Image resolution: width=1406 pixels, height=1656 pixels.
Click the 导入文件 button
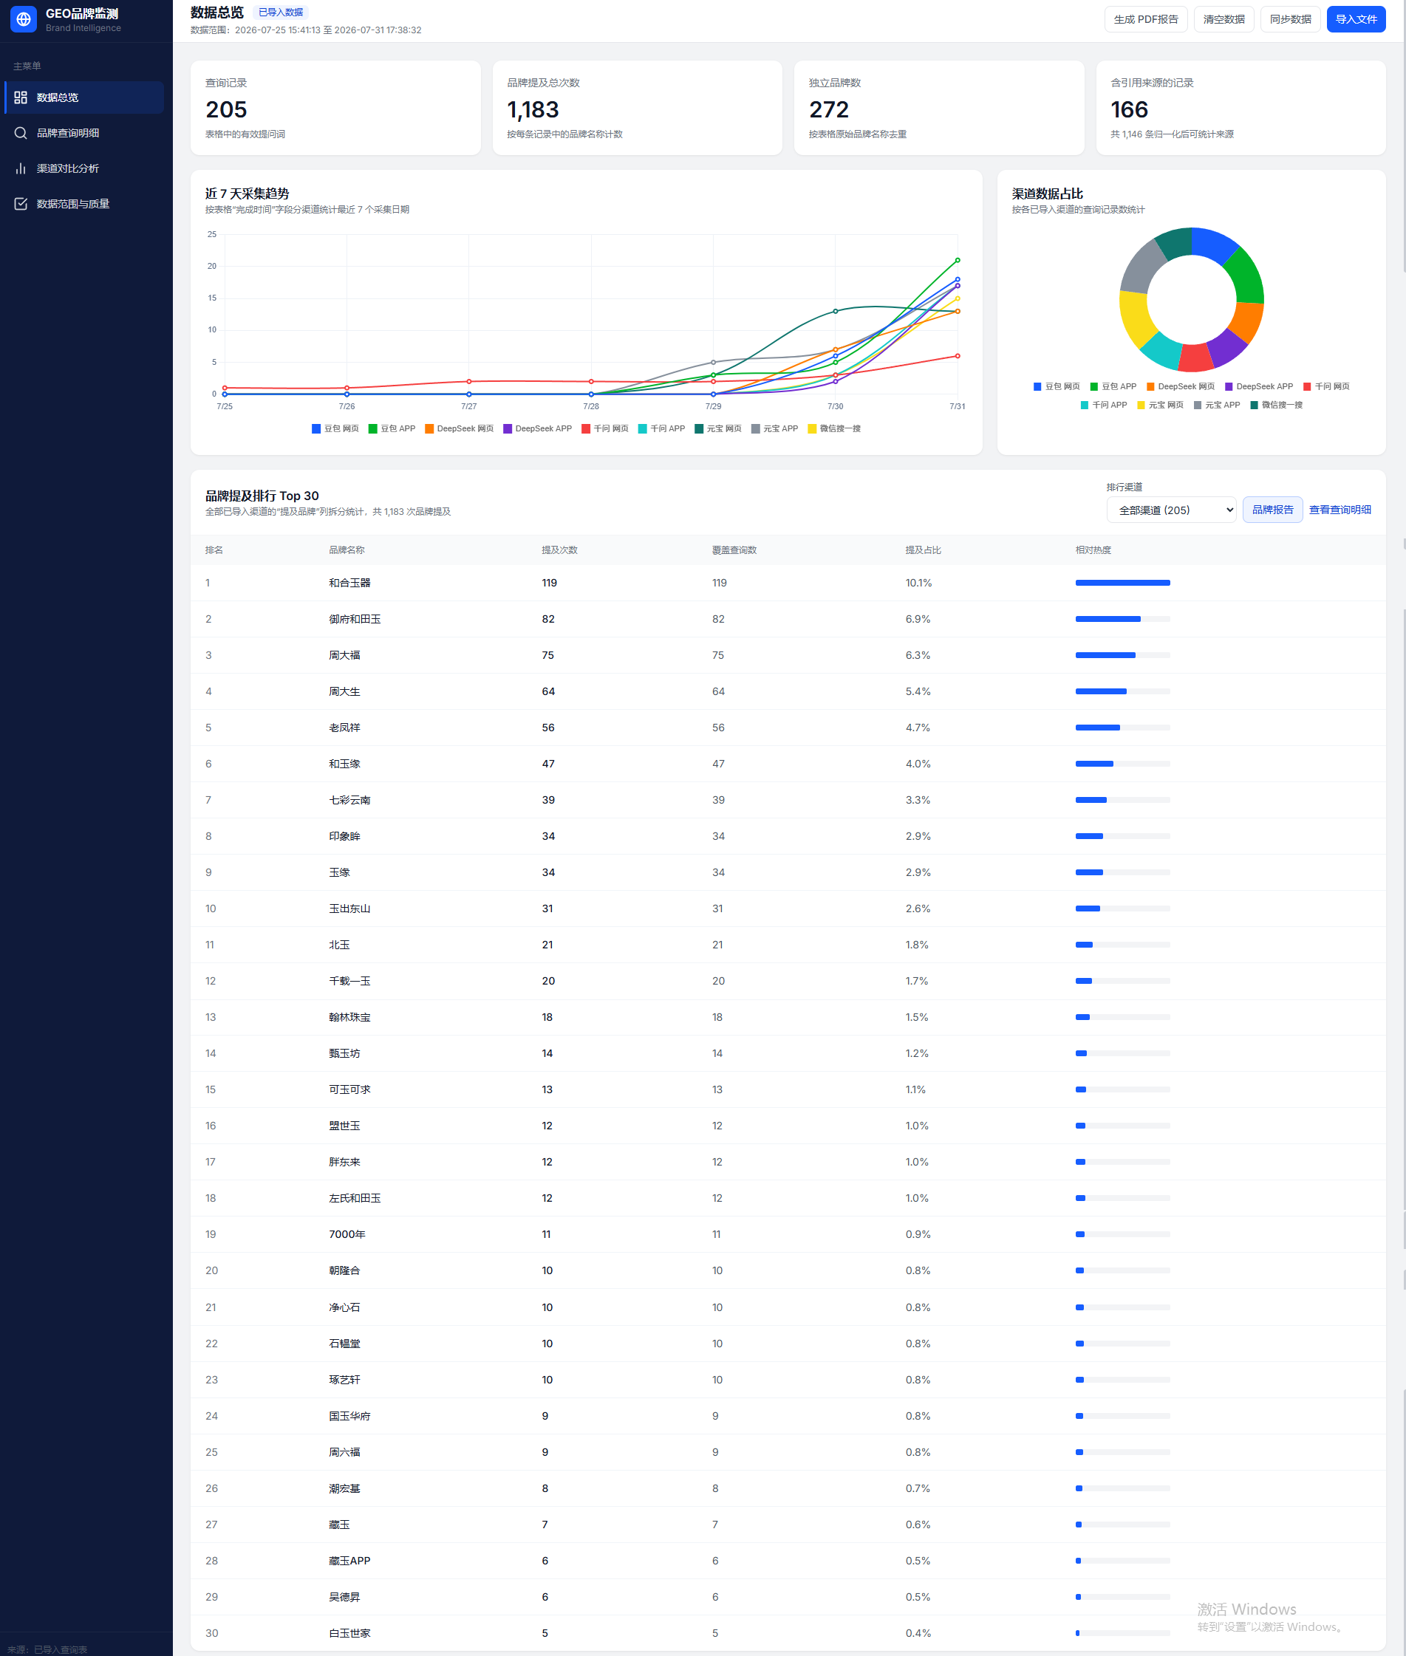click(1355, 19)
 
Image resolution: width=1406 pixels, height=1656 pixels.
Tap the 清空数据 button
click(1224, 19)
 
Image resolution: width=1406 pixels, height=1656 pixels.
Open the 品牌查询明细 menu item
click(68, 133)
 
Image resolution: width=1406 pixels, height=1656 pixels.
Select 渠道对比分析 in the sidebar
click(68, 168)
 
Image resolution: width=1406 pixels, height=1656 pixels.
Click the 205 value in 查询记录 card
click(226, 110)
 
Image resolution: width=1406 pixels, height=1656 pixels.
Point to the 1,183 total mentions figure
click(533, 110)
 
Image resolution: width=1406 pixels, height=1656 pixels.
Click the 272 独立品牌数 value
click(829, 110)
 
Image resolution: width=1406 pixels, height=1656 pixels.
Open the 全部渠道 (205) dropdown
click(1171, 510)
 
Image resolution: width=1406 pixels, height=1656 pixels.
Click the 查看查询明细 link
click(1340, 510)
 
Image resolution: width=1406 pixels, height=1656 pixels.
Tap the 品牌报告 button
click(1272, 510)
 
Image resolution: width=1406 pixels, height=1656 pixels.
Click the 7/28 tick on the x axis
click(590, 406)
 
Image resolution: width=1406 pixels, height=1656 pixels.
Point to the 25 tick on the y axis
click(212, 234)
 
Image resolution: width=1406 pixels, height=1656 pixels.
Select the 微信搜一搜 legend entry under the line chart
click(835, 428)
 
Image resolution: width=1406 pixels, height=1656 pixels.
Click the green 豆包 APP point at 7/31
click(958, 261)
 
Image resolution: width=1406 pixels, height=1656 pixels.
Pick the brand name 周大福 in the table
click(344, 655)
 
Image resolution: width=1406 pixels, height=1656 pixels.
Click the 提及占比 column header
click(923, 550)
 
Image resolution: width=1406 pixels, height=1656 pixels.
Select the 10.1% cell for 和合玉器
click(918, 584)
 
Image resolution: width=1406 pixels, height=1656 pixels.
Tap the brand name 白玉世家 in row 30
click(350, 1633)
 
